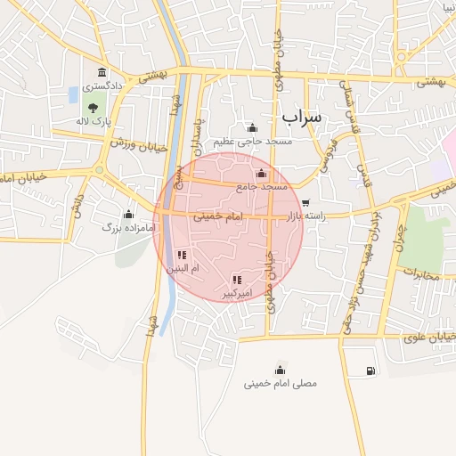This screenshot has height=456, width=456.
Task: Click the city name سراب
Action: point(302,117)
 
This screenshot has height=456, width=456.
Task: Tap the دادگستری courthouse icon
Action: point(102,72)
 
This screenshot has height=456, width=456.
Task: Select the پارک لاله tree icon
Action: point(93,107)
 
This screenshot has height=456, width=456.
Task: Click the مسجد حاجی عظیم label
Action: point(252,142)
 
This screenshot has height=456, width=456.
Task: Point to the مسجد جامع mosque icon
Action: point(261,174)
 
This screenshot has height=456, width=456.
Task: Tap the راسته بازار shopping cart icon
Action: point(306,203)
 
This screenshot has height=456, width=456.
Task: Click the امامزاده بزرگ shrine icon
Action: point(128,214)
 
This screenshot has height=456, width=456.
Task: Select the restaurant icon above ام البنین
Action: point(182,255)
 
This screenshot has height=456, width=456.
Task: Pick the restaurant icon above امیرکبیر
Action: point(236,280)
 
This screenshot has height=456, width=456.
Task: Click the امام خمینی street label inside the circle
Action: point(216,216)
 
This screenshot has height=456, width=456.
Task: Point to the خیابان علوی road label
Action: point(427,337)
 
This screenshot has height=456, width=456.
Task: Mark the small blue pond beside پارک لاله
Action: point(72,94)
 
